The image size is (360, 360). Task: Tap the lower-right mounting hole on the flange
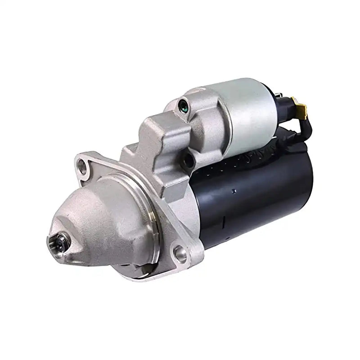pyautogui.click(x=180, y=254)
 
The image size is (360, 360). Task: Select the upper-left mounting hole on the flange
pyautogui.click(x=82, y=167)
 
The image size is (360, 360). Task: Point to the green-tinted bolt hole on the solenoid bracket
pyautogui.click(x=183, y=107)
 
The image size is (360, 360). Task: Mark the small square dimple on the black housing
pyautogui.click(x=233, y=190)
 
